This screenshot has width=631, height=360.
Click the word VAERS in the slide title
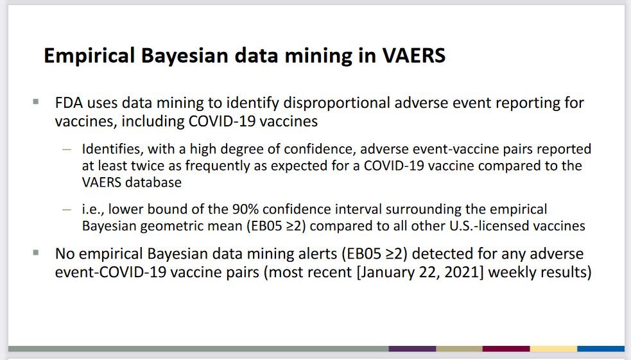tap(413, 56)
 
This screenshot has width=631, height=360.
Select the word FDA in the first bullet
tap(69, 103)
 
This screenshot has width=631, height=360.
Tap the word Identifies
tap(111, 150)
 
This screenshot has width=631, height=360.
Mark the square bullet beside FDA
tap(36, 102)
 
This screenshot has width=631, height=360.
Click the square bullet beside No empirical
tap(36, 253)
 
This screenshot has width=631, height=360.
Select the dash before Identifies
tap(67, 150)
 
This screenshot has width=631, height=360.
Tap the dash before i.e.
tap(67, 210)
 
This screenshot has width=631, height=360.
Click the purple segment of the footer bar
tap(412, 348)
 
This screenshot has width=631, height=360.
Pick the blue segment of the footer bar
tap(601, 348)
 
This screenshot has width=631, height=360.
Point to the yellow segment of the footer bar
tap(554, 348)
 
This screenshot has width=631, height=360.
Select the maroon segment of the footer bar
tap(506, 348)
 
